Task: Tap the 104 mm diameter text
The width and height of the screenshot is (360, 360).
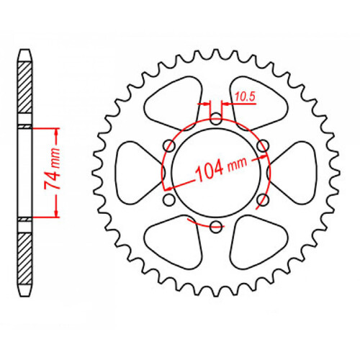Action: click(219, 168)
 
